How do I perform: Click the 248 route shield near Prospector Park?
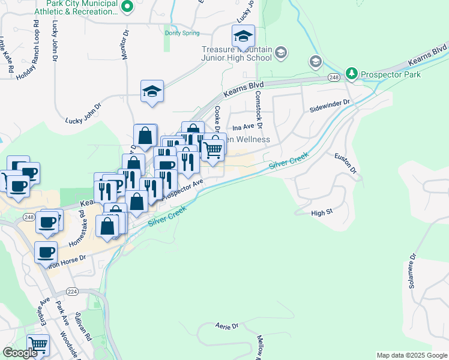334,77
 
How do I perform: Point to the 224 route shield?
72,292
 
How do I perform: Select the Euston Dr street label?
346,163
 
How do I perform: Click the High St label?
322,213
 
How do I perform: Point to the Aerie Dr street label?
226,326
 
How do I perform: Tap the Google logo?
20,353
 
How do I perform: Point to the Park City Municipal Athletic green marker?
127,7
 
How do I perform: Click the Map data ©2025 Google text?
412,355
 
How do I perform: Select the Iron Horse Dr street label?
67,261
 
